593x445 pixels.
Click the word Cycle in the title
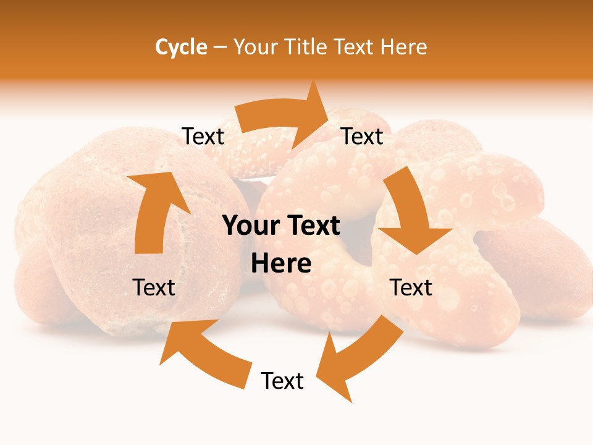[181, 47]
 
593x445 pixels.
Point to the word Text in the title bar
[353, 47]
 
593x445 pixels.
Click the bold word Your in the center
[250, 226]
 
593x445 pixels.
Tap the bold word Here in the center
[281, 264]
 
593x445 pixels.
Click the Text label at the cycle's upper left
[203, 137]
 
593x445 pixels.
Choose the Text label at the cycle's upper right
[362, 137]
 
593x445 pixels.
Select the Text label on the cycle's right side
[411, 287]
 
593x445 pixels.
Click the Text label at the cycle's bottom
[282, 381]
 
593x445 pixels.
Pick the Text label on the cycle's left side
[154, 287]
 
